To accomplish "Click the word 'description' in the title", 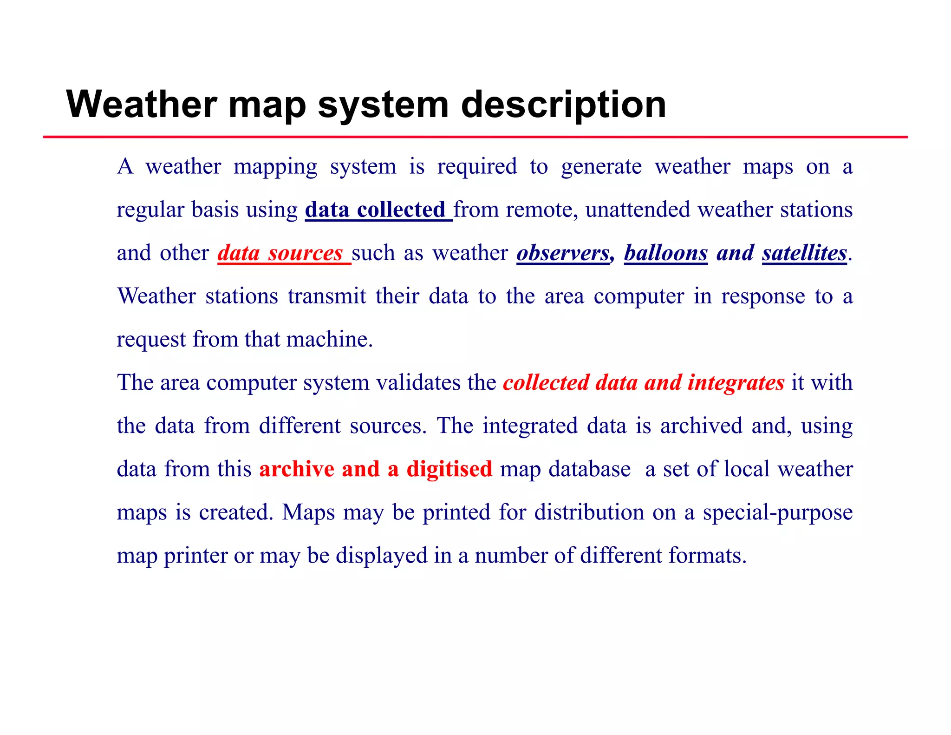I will pyautogui.click(x=563, y=105).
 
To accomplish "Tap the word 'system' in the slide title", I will pyautogui.click(x=383, y=105).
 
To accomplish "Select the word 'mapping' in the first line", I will pyautogui.click(x=275, y=167).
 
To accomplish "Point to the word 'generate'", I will pyautogui.click(x=601, y=167).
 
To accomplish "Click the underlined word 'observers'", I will pyautogui.click(x=563, y=253).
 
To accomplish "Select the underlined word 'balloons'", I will pyautogui.click(x=665, y=253).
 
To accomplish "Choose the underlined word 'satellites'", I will pyautogui.click(x=804, y=253).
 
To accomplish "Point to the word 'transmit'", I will pyautogui.click(x=327, y=296).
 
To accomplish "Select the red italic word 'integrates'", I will pyautogui.click(x=736, y=382).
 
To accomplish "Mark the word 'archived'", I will pyautogui.click(x=701, y=426).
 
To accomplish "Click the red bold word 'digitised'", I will pyautogui.click(x=449, y=469).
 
